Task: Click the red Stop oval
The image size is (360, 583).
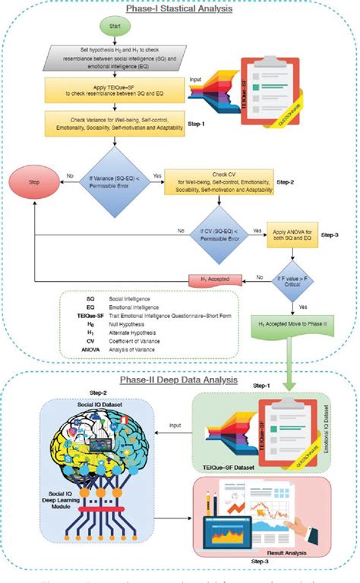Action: [x=33, y=183]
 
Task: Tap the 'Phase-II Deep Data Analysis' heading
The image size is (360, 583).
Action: [x=179, y=381]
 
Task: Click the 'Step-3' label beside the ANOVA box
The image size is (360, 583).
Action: [x=340, y=235]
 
